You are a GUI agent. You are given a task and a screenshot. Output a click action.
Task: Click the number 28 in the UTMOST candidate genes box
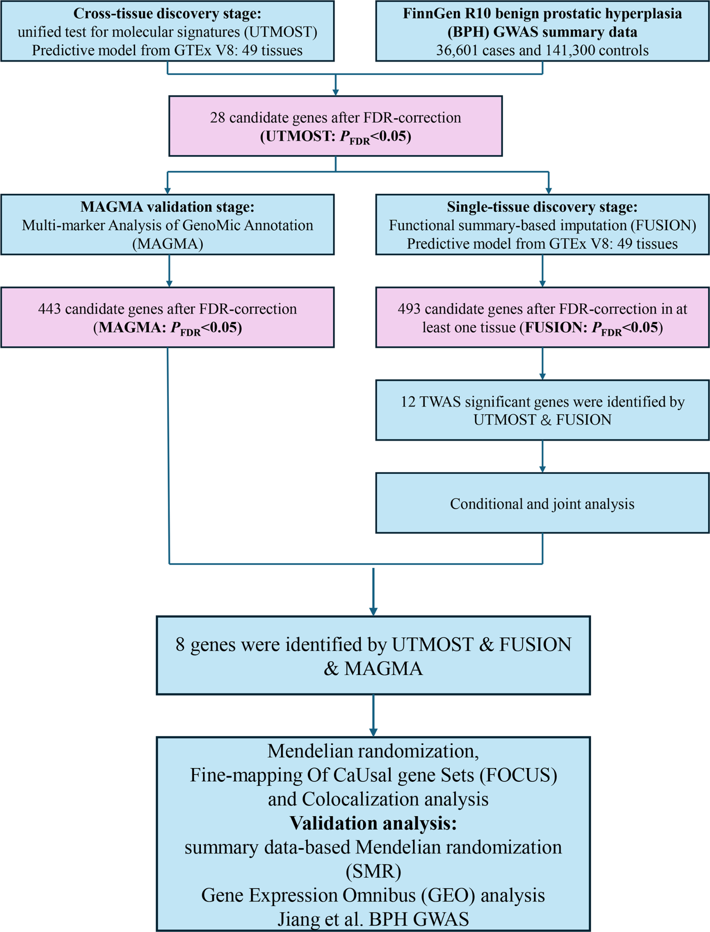[217, 118]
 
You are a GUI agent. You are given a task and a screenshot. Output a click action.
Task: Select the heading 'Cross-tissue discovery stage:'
[167, 13]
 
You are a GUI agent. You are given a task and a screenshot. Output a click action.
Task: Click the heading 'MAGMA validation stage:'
[167, 207]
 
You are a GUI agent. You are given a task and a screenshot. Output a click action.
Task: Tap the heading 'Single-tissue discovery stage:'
[542, 207]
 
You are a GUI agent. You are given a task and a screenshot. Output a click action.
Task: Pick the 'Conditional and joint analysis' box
[542, 503]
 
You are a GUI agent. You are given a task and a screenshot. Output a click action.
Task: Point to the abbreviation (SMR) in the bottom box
[373, 871]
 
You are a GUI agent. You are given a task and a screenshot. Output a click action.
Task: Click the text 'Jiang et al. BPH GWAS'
[373, 919]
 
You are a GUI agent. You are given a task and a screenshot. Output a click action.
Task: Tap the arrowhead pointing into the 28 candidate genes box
[335, 92]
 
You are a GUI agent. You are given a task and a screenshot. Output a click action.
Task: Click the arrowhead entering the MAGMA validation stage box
[168, 191]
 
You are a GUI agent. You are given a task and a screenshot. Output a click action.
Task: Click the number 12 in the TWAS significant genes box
[408, 402]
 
